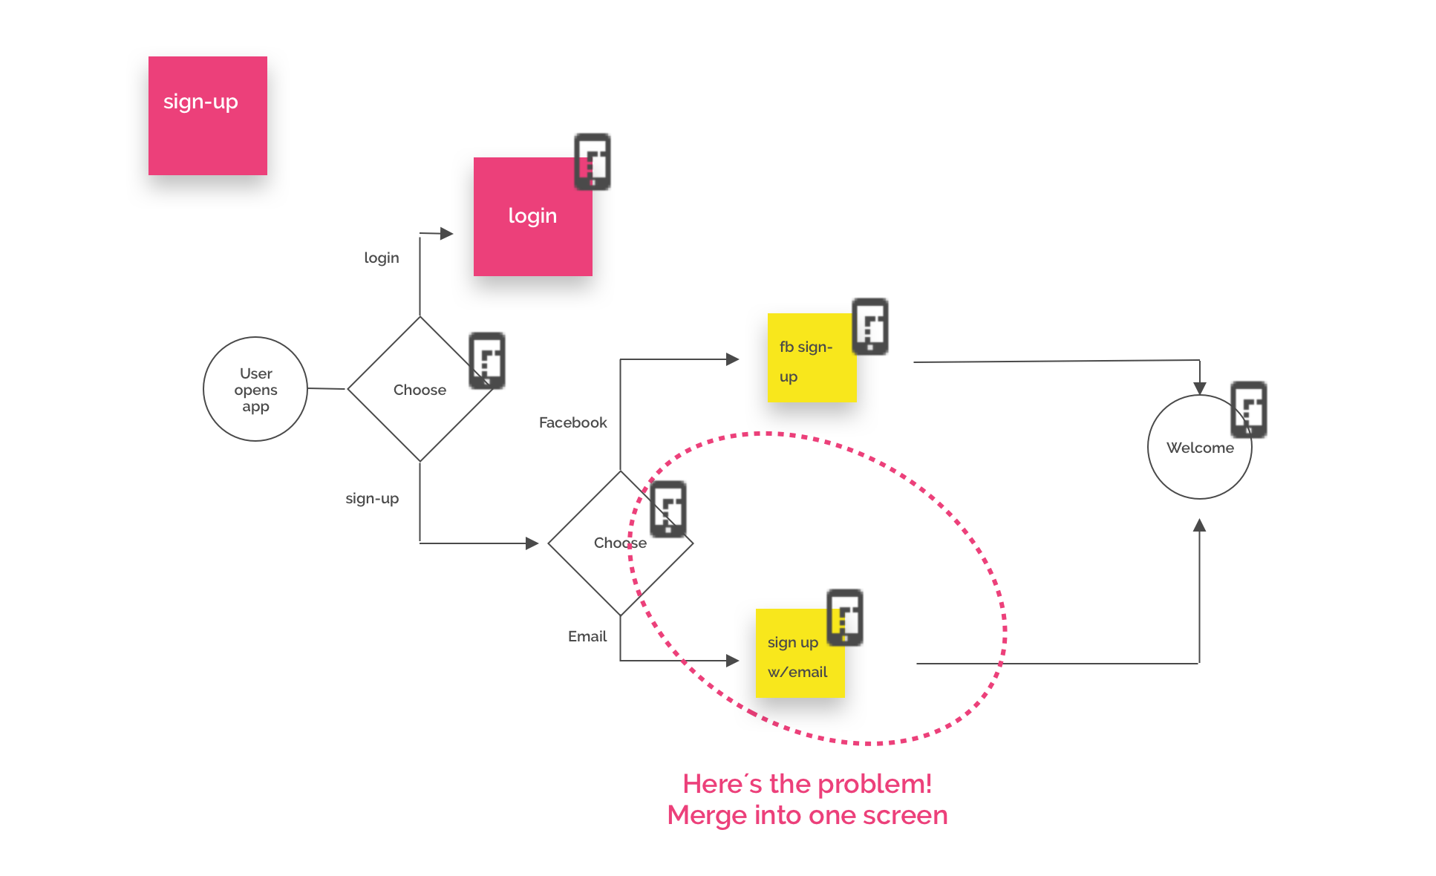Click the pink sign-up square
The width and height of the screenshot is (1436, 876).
coord(208,116)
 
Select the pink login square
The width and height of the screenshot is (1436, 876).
coord(532,217)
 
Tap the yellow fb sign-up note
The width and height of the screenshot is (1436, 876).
coord(812,358)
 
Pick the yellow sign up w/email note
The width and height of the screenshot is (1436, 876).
coord(800,653)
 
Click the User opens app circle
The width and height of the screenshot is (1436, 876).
coord(255,389)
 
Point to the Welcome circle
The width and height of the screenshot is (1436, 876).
coord(1199,447)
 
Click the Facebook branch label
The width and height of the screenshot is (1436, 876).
coord(572,422)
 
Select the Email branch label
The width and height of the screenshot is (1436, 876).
coord(587,636)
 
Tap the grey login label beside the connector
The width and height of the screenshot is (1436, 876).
coord(381,258)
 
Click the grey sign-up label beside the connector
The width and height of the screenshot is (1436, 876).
coord(372,498)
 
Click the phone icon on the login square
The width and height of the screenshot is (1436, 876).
coord(593,162)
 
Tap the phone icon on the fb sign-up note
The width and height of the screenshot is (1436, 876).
coord(869,327)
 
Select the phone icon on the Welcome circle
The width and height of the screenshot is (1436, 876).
coord(1248,410)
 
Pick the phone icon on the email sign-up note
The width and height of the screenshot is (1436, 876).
coord(845,618)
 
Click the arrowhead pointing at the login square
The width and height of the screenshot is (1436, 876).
coord(446,234)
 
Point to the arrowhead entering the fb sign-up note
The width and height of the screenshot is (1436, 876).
coord(733,359)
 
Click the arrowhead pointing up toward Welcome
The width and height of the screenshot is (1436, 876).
coord(1199,525)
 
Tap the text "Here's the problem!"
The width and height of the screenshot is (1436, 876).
coord(807,784)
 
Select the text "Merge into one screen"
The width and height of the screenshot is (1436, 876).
coord(807,815)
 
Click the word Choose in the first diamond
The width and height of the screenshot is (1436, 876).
coord(420,390)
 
